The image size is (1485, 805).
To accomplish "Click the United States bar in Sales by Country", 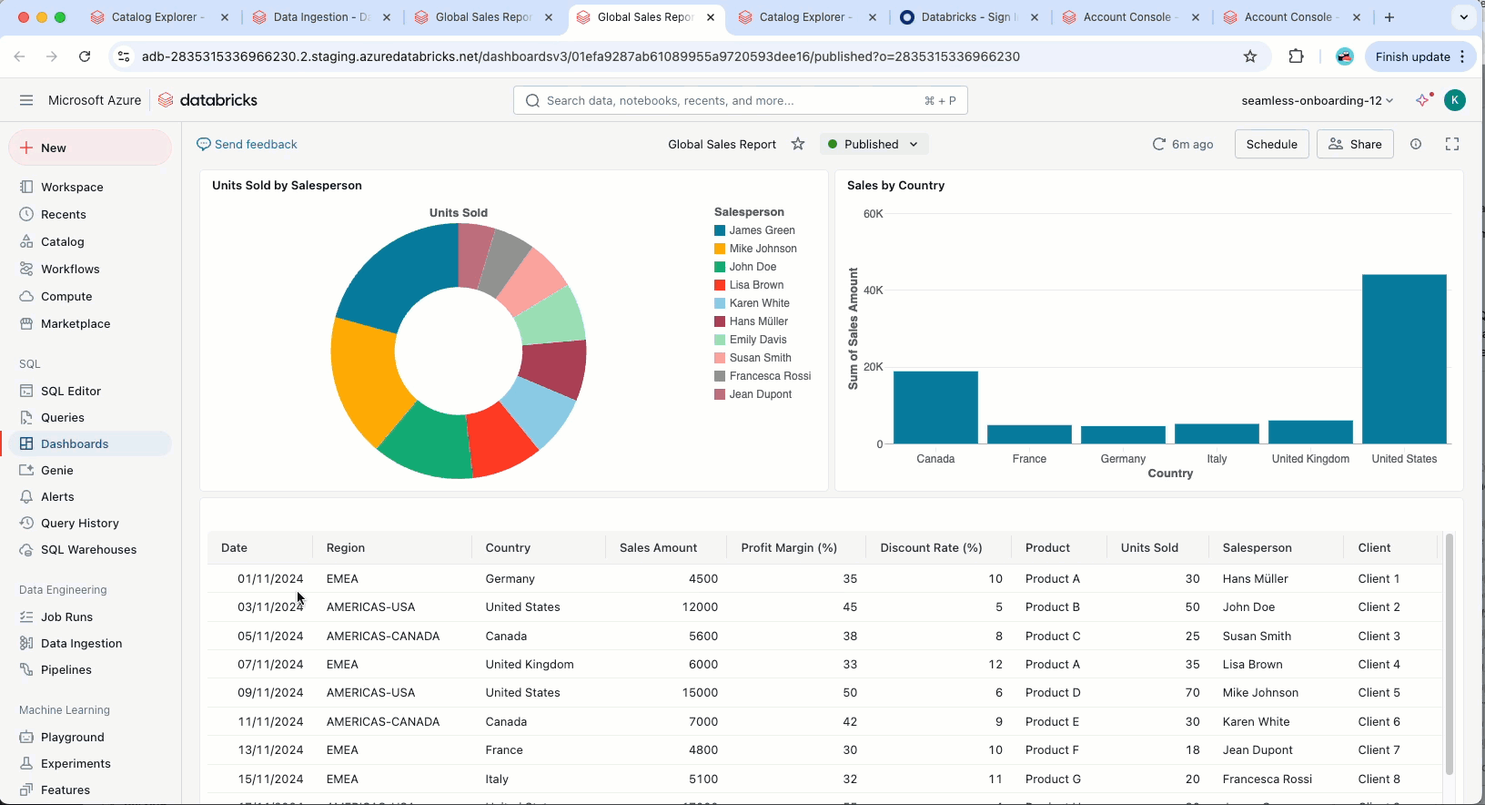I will (1404, 359).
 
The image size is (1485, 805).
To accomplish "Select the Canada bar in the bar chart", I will (935, 407).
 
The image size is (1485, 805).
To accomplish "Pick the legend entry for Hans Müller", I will (758, 321).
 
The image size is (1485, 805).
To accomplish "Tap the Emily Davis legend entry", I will (757, 340).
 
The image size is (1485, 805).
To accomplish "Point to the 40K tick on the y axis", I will (873, 290).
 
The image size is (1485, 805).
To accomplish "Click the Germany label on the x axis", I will (1123, 459).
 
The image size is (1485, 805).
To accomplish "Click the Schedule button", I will (1271, 144).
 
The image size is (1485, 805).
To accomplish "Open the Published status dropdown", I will (874, 144).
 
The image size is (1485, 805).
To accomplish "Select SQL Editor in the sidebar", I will (71, 391).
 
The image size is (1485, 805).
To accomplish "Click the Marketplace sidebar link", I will (76, 323).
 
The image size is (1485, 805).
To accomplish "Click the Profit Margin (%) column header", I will (789, 547).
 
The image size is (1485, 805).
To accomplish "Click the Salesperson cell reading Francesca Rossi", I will (1267, 779).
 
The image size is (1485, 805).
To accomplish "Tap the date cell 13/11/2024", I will (270, 750).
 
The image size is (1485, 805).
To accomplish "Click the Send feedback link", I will (247, 144).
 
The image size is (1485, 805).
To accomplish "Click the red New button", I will (90, 148).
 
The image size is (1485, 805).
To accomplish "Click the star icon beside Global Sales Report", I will (798, 144).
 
